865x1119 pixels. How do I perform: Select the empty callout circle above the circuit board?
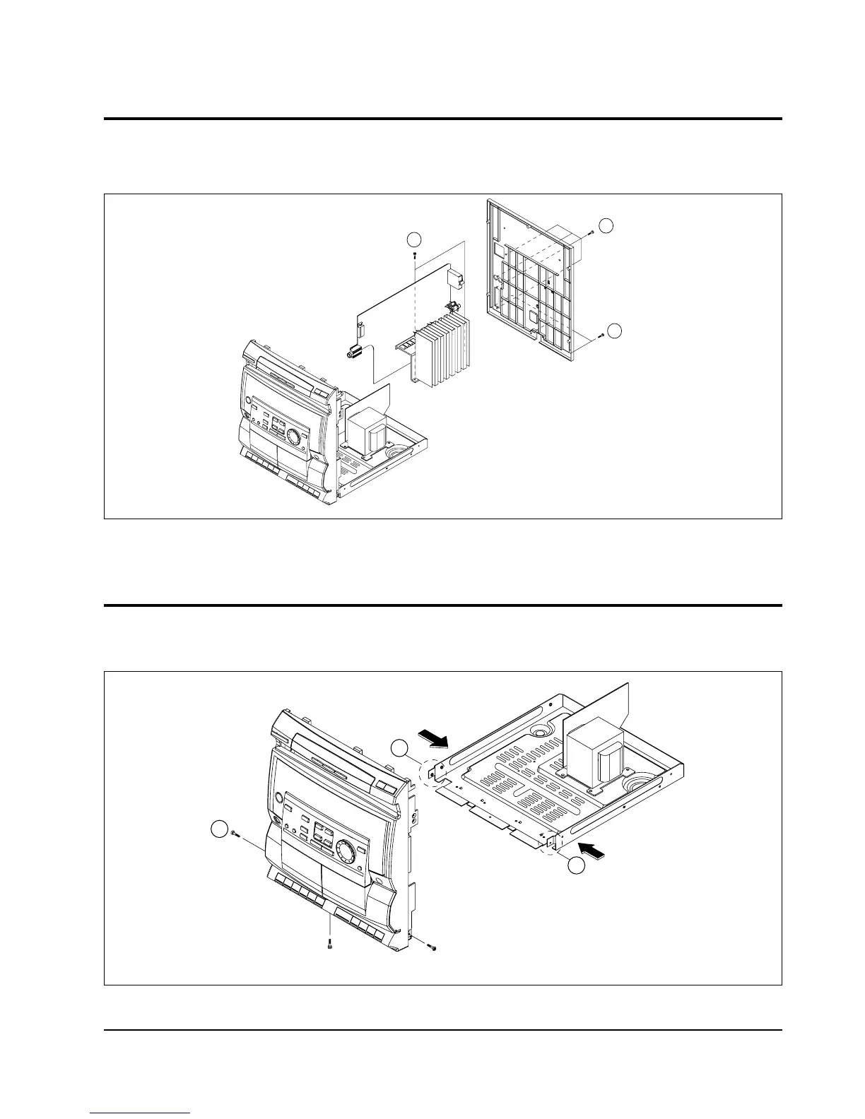417,238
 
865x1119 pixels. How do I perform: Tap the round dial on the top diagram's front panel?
293,438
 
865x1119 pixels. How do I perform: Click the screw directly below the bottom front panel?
331,947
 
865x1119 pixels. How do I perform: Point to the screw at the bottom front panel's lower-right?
432,946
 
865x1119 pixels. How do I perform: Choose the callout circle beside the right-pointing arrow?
401,748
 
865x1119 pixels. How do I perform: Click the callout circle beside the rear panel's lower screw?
616,330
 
